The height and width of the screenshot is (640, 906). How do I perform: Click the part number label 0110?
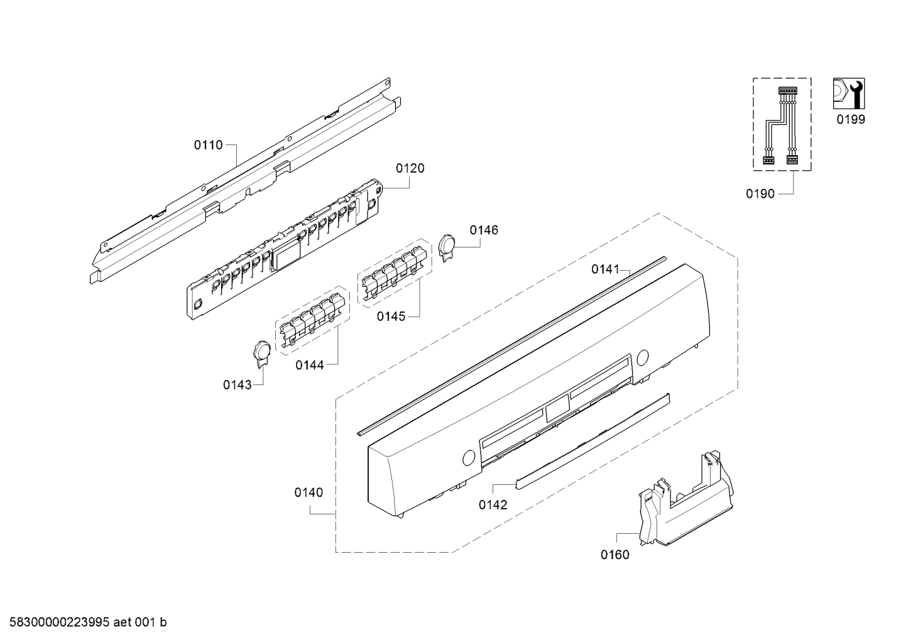click(207, 145)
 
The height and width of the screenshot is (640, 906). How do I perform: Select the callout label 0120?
click(410, 168)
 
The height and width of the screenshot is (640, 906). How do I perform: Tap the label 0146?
click(484, 231)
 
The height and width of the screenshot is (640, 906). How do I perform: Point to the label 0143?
click(237, 384)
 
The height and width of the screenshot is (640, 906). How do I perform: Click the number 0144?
click(310, 364)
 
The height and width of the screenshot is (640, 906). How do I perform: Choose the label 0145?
click(391, 317)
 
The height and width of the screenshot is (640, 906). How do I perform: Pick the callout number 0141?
click(604, 269)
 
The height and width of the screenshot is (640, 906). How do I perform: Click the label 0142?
click(493, 504)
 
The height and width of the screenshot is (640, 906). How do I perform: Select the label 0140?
click(308, 492)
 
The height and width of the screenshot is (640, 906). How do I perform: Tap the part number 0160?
click(614, 555)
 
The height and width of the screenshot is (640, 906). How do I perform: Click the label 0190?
click(760, 194)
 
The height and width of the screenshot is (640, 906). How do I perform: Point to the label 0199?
click(850, 120)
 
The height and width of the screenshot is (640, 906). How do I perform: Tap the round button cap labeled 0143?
click(261, 350)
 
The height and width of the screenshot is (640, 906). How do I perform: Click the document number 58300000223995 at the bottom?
click(56, 622)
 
